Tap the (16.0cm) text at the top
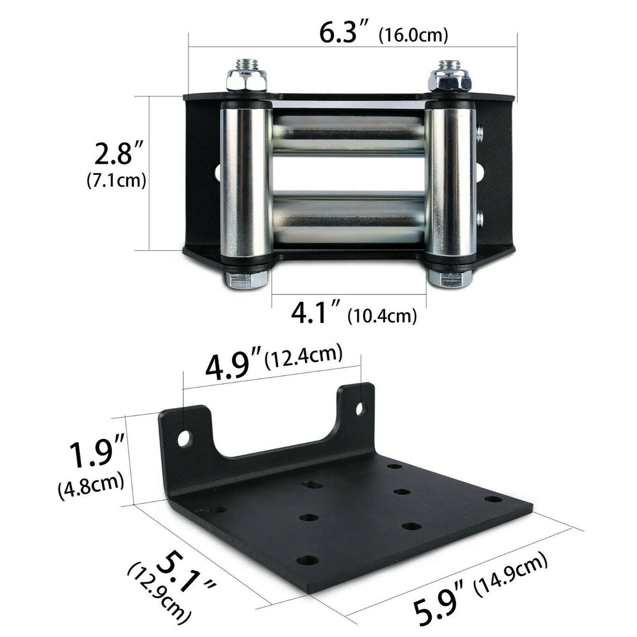413,35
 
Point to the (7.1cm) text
116,180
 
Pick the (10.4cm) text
383,315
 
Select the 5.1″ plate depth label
184,574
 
